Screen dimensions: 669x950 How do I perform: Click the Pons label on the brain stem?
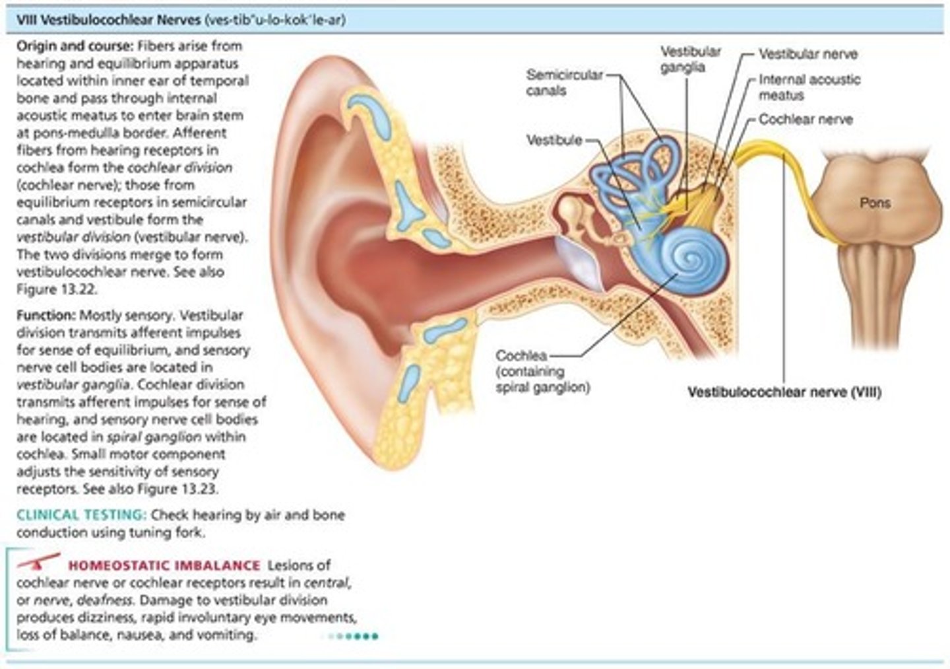tap(875, 203)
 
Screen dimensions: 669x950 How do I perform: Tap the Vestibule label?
tap(554, 140)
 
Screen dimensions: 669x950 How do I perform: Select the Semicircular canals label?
tap(564, 83)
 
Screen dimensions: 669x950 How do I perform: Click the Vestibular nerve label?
tap(807, 54)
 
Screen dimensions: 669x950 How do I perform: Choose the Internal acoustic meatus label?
tap(809, 87)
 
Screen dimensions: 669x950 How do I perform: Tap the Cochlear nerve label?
tap(805, 120)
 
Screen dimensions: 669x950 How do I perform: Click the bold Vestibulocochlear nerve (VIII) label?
tap(784, 392)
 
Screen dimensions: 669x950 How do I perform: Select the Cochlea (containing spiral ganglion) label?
tap(542, 372)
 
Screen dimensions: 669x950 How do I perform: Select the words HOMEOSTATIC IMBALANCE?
tap(164, 565)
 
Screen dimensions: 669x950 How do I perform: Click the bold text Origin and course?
tap(75, 46)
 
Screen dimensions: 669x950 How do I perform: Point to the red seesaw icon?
tap(39, 562)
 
